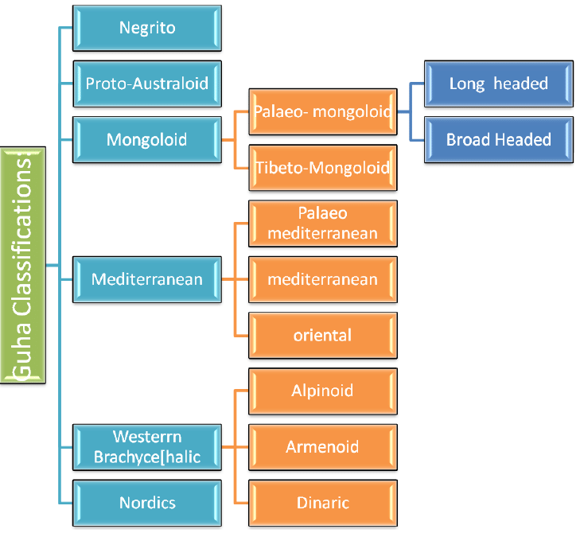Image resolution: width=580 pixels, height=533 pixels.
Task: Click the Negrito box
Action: [x=147, y=28]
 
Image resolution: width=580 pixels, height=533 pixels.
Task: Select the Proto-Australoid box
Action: [x=147, y=84]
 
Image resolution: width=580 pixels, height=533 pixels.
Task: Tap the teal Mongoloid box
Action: [x=147, y=139]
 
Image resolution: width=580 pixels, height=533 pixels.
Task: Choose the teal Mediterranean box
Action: [x=147, y=279]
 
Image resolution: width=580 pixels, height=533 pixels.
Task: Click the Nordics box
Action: [x=147, y=503]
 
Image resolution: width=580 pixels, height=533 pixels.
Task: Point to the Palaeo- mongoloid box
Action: [x=322, y=112]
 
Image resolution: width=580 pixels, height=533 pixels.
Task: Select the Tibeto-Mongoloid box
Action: [x=322, y=168]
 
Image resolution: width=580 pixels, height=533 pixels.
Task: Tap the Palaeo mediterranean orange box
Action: [x=322, y=224]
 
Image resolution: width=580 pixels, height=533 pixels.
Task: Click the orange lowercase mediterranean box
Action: [x=322, y=279]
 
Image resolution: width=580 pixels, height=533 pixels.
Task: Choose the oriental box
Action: [x=322, y=335]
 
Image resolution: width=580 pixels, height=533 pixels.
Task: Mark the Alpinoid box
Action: [x=322, y=391]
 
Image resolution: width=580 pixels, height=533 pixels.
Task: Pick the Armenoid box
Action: [x=322, y=447]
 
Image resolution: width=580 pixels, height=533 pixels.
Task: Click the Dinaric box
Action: [x=322, y=503]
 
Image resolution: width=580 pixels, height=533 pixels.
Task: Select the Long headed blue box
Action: [x=498, y=84]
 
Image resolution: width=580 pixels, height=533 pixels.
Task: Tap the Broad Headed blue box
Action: [x=498, y=139]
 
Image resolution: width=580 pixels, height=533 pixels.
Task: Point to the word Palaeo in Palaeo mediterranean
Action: [x=323, y=214]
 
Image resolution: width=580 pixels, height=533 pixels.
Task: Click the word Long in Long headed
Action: [x=465, y=84]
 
